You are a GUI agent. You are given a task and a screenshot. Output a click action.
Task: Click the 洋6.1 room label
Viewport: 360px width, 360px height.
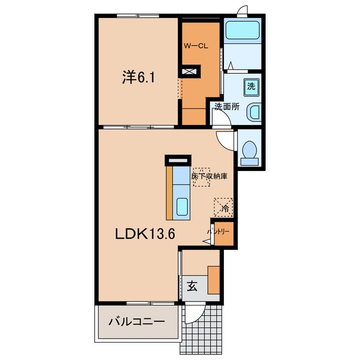click(x=138, y=77)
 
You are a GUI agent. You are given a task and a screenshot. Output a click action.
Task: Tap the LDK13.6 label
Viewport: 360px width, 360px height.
click(x=145, y=234)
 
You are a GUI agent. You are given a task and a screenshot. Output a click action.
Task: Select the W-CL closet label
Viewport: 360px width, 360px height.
click(x=196, y=46)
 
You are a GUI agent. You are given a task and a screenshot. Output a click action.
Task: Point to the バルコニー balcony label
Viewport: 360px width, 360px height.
click(x=137, y=322)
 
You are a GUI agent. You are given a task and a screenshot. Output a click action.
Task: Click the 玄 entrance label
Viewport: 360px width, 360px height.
click(x=192, y=286)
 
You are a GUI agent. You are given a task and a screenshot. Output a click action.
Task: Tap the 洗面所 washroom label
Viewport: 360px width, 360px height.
click(x=227, y=106)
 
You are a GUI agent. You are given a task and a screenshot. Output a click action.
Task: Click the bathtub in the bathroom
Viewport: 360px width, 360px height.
click(x=242, y=30)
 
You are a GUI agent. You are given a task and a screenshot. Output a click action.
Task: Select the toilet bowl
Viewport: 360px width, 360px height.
click(x=249, y=153)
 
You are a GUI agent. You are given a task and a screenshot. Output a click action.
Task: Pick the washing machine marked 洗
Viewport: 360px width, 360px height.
click(x=251, y=87)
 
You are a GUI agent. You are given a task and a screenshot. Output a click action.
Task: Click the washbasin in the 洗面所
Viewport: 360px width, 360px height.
click(x=254, y=112)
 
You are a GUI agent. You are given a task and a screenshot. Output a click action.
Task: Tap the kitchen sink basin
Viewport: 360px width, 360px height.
click(x=182, y=206)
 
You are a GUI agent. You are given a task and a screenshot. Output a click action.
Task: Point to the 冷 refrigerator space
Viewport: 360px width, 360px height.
click(x=224, y=208)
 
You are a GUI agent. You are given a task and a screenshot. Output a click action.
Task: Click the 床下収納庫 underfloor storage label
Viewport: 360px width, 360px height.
click(x=209, y=176)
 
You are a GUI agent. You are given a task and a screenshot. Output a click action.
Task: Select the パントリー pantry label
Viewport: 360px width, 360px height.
click(x=218, y=232)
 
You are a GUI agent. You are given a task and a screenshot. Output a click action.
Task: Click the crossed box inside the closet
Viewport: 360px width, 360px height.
click(x=189, y=71)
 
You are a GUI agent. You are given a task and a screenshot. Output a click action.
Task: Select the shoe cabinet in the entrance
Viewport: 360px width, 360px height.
click(x=214, y=280)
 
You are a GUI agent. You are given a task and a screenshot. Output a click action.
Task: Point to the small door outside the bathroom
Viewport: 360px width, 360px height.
click(x=242, y=11)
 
